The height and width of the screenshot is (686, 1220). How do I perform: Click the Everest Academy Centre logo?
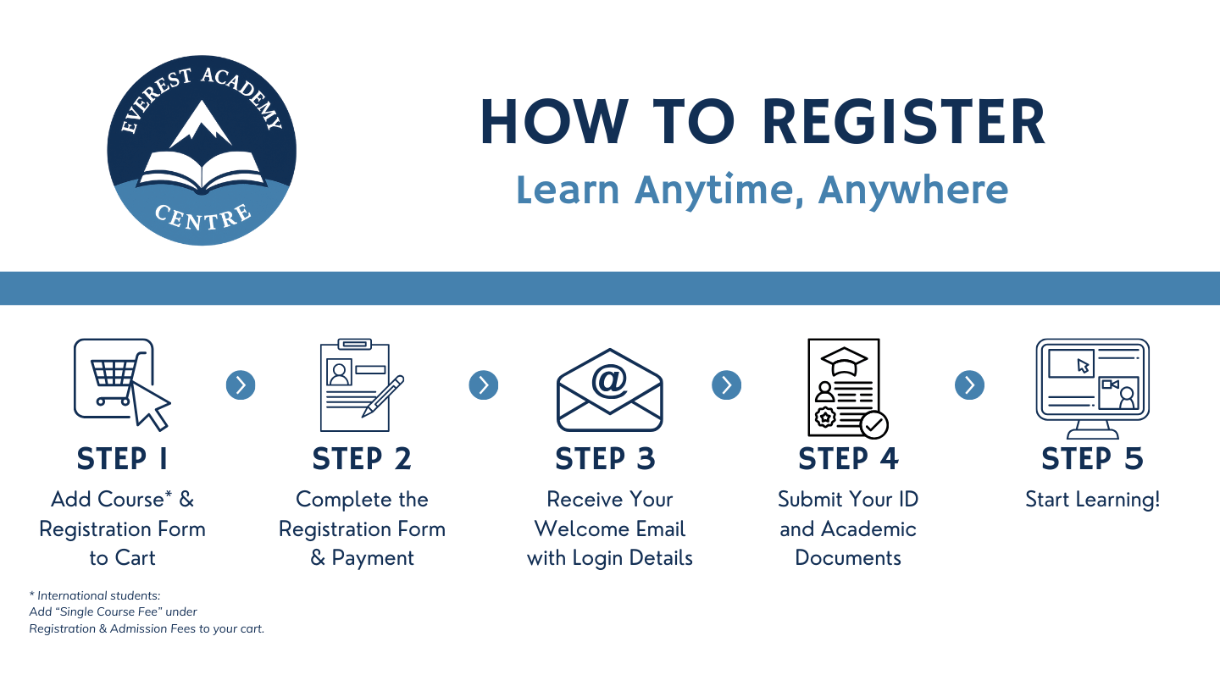point(202,150)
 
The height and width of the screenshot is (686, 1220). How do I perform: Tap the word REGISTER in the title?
point(903,122)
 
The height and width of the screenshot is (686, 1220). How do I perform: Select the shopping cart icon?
point(122,384)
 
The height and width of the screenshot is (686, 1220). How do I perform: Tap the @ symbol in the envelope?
point(609,380)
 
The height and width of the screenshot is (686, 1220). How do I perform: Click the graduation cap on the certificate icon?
point(844,360)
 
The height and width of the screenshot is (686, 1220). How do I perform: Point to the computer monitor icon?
point(1093,388)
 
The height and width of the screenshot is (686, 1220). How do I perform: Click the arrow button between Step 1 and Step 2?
point(241,385)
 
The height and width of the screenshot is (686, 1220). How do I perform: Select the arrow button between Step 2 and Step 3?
point(484,385)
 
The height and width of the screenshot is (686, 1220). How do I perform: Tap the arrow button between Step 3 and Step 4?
point(727,385)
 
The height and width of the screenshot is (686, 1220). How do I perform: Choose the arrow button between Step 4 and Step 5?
point(969,385)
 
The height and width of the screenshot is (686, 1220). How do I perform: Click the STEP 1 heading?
point(123,458)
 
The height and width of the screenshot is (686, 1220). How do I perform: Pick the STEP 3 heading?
point(605,458)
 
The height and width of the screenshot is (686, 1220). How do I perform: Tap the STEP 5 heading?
point(1093,458)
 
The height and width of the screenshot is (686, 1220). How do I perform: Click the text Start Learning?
point(1093,500)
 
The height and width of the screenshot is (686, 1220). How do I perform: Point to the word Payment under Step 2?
point(373,558)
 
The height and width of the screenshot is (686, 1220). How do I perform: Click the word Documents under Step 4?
point(848,557)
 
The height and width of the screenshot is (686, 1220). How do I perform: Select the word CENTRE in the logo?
point(203,218)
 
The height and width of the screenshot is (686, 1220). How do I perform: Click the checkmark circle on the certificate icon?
point(874,424)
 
